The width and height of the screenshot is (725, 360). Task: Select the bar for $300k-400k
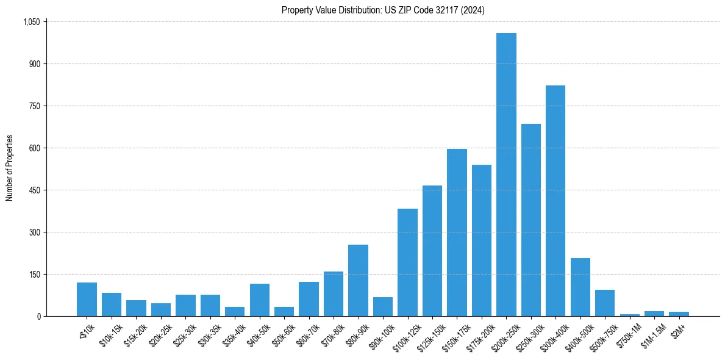point(555,201)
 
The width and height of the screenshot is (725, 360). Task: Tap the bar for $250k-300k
point(531,220)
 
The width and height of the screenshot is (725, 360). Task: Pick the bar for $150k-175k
point(457,232)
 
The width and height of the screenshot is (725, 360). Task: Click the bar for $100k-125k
point(407,262)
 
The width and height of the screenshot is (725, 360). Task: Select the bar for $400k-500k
point(580,287)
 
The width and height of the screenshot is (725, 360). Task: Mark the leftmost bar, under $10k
point(87,299)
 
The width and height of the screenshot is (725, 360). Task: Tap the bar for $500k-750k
point(605,303)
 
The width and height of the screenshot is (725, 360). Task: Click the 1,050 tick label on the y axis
point(31,22)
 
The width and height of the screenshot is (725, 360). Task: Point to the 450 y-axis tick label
point(34,190)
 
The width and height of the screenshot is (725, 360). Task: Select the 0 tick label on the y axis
point(38,316)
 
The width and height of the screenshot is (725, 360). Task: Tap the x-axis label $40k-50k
point(257,333)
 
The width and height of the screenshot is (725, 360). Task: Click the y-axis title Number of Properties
point(9,169)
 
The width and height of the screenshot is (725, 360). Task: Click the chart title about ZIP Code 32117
point(383,10)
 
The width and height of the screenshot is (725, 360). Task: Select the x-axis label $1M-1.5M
point(652,333)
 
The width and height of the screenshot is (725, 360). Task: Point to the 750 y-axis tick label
point(34,106)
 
